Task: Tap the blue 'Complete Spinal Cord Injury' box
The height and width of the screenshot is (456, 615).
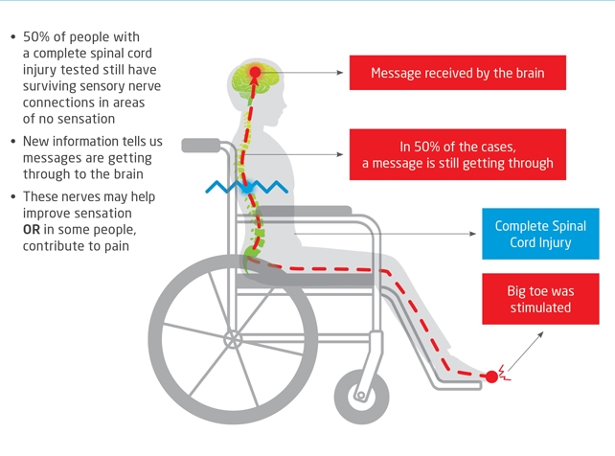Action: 533,234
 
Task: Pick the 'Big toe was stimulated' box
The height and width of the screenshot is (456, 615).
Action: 539,298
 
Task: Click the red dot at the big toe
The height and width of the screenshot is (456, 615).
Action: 491,376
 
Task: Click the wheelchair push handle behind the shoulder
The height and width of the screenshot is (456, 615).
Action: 202,146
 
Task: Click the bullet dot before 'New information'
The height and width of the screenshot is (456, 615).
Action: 11,141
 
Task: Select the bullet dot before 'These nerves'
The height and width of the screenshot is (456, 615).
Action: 11,197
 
